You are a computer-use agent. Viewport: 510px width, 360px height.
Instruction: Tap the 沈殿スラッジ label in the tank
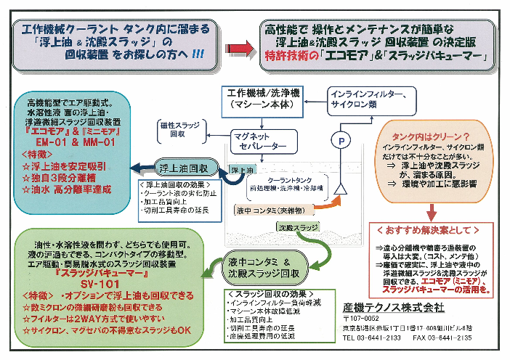[x=294, y=227]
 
